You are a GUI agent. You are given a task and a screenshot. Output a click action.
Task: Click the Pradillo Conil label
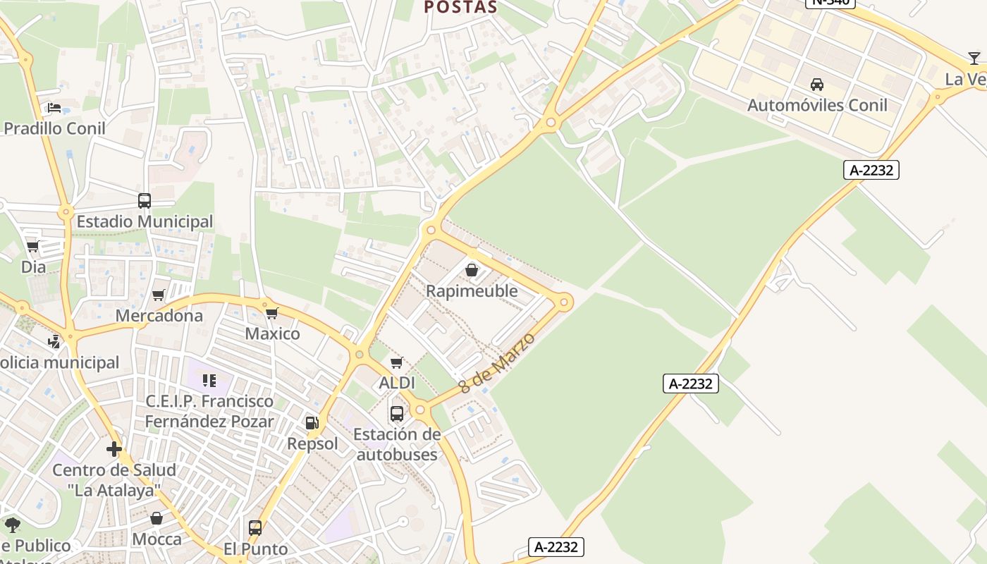(x=55, y=128)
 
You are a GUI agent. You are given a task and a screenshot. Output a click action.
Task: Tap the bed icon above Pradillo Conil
(x=54, y=108)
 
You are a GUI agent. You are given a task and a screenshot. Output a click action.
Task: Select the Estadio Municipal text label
(x=145, y=221)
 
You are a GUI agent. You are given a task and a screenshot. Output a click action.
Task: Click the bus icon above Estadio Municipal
(x=145, y=201)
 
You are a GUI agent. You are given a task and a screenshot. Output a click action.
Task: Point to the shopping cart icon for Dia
(x=32, y=247)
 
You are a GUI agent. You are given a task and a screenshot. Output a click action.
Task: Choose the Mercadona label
(x=159, y=315)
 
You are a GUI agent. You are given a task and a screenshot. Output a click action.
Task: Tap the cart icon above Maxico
(x=271, y=313)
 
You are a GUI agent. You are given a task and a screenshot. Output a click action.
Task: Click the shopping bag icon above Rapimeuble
(x=472, y=270)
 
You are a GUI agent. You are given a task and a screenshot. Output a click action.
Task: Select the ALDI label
(x=397, y=383)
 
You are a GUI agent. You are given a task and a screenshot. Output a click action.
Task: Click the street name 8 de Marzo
(x=496, y=363)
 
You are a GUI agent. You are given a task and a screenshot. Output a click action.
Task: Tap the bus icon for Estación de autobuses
(x=397, y=414)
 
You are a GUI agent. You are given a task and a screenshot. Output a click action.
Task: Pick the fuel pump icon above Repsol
(x=312, y=423)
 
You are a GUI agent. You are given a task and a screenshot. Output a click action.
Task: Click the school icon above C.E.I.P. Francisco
(x=209, y=381)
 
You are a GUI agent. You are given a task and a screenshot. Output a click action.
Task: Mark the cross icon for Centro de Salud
(x=114, y=449)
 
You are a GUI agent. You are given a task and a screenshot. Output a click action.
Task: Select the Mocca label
(x=157, y=539)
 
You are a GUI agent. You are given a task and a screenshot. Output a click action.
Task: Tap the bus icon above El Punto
(x=255, y=528)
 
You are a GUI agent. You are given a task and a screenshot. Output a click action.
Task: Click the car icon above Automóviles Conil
(x=817, y=85)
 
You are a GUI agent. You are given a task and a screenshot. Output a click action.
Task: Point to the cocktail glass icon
(x=974, y=59)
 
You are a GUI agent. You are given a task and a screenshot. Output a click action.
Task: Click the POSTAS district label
(x=460, y=8)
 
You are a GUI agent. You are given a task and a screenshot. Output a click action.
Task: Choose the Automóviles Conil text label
(x=817, y=105)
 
